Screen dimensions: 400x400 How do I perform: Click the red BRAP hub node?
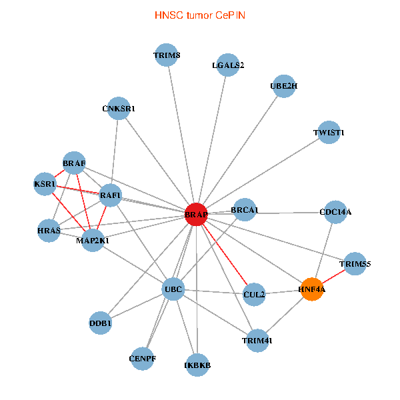click(x=196, y=215)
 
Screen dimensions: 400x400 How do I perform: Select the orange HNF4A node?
click(x=311, y=289)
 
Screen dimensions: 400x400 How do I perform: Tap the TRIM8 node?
click(x=166, y=55)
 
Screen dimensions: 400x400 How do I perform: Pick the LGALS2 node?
click(x=228, y=65)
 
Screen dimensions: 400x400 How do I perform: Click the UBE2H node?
click(x=284, y=86)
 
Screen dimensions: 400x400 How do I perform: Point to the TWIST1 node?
click(x=329, y=133)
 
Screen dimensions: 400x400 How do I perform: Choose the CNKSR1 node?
click(x=119, y=109)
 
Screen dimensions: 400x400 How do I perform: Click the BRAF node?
click(x=74, y=163)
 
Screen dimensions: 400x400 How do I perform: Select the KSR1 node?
click(x=45, y=183)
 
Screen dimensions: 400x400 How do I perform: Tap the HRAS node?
click(x=49, y=231)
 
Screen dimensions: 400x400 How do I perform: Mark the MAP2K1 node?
click(x=93, y=240)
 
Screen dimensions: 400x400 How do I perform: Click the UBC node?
click(x=173, y=289)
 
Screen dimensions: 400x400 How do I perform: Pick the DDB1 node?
click(x=100, y=323)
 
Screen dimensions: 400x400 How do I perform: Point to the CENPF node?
click(x=142, y=358)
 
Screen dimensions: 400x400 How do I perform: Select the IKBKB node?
click(x=197, y=365)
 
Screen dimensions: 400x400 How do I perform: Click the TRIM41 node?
click(x=257, y=341)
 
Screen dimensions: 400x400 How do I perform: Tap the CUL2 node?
click(x=254, y=294)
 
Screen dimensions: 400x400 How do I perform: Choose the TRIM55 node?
click(x=355, y=264)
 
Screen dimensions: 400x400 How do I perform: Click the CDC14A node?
click(x=335, y=212)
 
